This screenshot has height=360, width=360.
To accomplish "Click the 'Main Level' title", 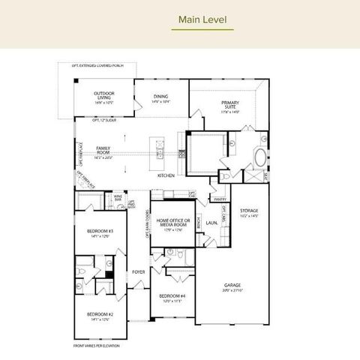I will point(202,19).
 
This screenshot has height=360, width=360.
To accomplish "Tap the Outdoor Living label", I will point(104,95).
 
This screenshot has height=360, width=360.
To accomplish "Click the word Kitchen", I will point(166,175).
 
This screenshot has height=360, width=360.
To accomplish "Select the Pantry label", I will point(220,199).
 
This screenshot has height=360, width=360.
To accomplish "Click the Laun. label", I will point(212,223).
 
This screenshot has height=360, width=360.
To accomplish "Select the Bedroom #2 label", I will point(99,315).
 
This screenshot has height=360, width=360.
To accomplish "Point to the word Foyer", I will point(138,271).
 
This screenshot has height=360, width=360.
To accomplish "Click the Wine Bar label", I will point(118,199).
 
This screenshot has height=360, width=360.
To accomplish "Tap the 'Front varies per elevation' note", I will point(96,346).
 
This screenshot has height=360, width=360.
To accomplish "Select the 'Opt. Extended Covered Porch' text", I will point(97,66).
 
